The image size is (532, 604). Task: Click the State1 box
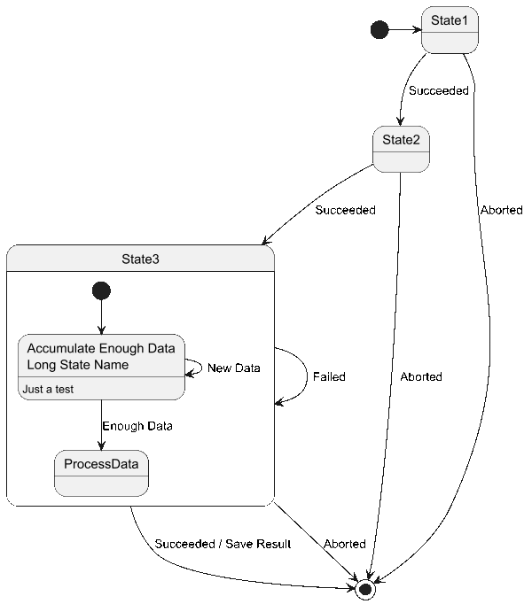pyautogui.click(x=450, y=29)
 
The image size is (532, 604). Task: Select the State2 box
pyautogui.click(x=401, y=149)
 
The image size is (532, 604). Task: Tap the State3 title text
pyautogui.click(x=140, y=259)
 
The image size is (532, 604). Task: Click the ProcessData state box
pyautogui.click(x=101, y=473)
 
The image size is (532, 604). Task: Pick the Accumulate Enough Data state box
pyautogui.click(x=101, y=368)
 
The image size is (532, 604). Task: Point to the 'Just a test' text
pyautogui.click(x=48, y=390)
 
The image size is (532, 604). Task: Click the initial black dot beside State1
pyautogui.click(x=379, y=29)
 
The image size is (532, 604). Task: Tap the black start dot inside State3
pyautogui.click(x=101, y=290)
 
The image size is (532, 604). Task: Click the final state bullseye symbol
pyautogui.click(x=365, y=589)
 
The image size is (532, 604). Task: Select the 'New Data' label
pyautogui.click(x=234, y=368)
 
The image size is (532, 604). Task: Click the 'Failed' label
pyautogui.click(x=329, y=376)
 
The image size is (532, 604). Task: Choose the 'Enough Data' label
pyautogui.click(x=137, y=426)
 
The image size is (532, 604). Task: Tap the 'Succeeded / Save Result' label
pyautogui.click(x=223, y=544)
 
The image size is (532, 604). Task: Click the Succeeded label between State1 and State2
pyautogui.click(x=439, y=90)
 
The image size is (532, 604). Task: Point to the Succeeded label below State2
pyautogui.click(x=345, y=210)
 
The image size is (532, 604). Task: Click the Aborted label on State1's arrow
pyautogui.click(x=502, y=210)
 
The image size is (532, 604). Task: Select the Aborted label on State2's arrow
pyautogui.click(x=421, y=376)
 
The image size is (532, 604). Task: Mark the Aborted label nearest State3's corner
pyautogui.click(x=345, y=544)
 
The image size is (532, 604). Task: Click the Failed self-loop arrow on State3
pyautogui.click(x=307, y=376)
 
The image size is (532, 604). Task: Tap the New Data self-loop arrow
pyautogui.click(x=201, y=368)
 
